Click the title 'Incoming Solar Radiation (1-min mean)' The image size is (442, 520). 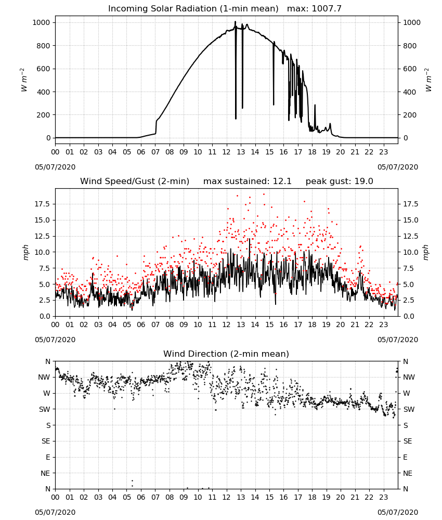pos(193,9)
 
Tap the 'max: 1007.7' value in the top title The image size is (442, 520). pos(314,9)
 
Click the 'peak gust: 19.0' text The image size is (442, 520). pos(339,181)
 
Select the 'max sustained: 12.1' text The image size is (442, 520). pos(248,181)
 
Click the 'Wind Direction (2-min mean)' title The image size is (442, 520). pos(226,354)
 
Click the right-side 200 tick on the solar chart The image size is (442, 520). pos(410,115)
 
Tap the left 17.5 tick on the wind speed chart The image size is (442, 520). pos(43,204)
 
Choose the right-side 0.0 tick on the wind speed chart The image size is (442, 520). pos(409,316)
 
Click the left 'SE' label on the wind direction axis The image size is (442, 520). pos(46,441)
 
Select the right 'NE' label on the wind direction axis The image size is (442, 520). pos(408,473)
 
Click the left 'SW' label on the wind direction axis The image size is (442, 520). pos(45,409)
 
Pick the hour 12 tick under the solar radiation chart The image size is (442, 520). pos(226,152)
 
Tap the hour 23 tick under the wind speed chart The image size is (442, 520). pos(383,324)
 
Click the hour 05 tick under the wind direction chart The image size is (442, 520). pos(127,497)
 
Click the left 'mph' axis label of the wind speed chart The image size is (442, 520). pos(26,252)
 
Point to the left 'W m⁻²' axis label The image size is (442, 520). pos(24,80)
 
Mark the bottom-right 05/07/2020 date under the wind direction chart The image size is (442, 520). pos(398,512)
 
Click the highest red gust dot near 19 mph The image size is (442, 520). pos(264,194)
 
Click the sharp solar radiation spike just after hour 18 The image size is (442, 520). pos(315,106)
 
